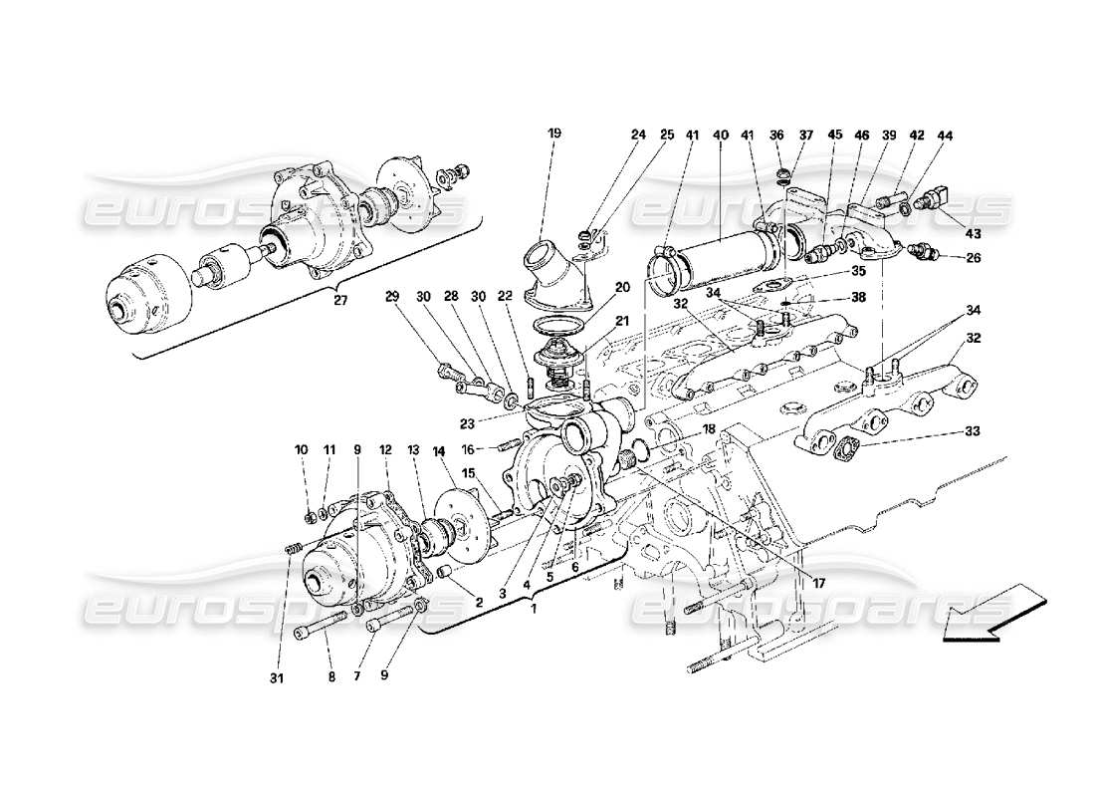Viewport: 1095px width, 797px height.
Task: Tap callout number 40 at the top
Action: [720, 134]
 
